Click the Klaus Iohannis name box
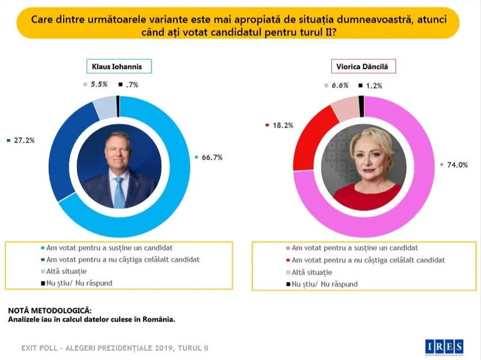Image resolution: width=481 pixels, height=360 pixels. coord(117,67)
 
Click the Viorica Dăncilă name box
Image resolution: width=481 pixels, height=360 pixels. coord(364,67)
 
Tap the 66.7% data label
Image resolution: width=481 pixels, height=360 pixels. coord(211,157)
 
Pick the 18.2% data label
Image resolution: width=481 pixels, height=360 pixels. coord(281,125)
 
